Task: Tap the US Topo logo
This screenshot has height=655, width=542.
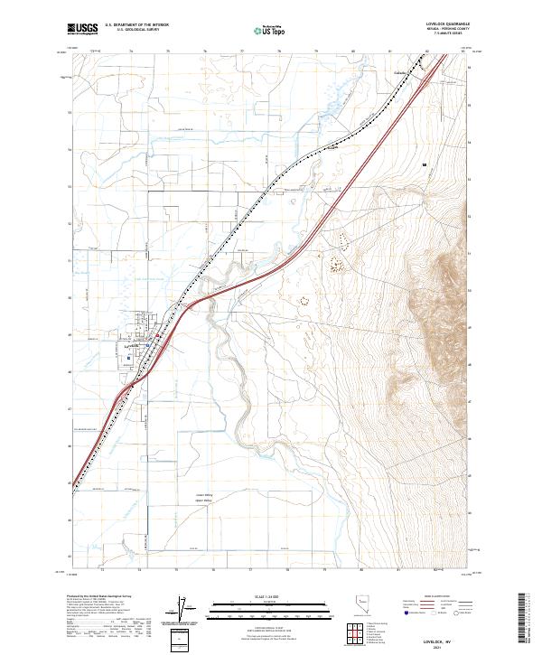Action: tap(271, 29)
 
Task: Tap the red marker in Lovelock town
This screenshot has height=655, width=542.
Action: tap(159, 337)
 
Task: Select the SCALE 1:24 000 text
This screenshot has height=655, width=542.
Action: tap(271, 596)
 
